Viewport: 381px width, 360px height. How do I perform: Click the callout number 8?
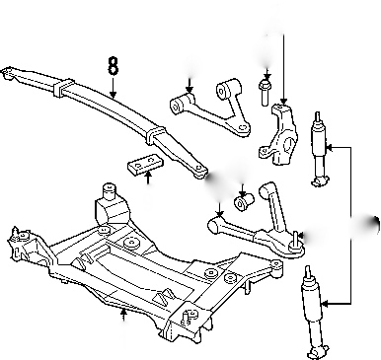tap(113, 66)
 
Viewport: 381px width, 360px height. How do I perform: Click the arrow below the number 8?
tap(113, 88)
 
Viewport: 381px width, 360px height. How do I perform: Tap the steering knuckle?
tap(279, 135)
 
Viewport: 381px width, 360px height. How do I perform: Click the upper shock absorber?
tap(319, 150)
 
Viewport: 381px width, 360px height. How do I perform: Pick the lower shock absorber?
tap(313, 313)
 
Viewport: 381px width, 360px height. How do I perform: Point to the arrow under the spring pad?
tap(148, 178)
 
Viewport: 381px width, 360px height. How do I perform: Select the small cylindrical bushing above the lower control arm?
tap(244, 201)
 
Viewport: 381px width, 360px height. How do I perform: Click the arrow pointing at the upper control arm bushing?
tap(190, 86)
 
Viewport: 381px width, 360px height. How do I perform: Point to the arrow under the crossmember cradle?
tap(123, 315)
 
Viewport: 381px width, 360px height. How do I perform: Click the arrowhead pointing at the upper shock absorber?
tap(330, 147)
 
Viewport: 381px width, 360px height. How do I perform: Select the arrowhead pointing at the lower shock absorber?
tap(326, 303)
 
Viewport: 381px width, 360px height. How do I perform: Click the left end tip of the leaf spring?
tap(3, 71)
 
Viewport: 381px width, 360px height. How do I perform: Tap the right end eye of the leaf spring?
tap(199, 171)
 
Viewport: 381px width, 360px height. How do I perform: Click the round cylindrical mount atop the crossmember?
tap(110, 191)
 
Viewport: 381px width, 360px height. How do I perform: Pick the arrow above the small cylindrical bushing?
tap(243, 189)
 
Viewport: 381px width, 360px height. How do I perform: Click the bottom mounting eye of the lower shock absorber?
tap(316, 353)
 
